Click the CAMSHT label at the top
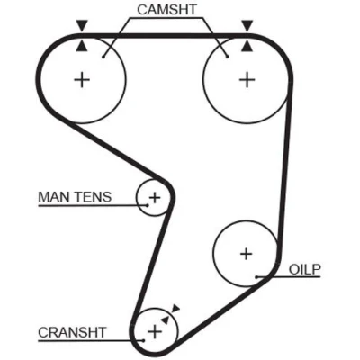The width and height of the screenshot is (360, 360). point(166,10)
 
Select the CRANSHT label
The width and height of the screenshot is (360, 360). point(72,332)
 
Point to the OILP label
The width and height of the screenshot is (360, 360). point(305,269)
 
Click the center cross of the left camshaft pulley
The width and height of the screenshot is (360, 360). point(82,80)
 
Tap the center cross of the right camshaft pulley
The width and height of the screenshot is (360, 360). point(247,80)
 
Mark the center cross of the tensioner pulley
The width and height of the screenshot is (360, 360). point(155,198)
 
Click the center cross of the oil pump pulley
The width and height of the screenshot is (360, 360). point(247,255)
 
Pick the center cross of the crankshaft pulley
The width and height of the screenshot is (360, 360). point(155,331)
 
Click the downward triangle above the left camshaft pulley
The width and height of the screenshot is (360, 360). point(82,25)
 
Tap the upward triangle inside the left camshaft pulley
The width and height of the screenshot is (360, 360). point(82,46)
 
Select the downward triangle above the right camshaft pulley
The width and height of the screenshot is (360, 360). point(247,25)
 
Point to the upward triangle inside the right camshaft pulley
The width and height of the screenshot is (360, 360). point(247,46)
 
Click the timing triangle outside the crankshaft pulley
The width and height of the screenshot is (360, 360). point(175,309)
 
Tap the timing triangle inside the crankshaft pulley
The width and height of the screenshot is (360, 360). point(165,319)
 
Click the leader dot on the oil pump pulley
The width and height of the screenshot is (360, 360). point(256,276)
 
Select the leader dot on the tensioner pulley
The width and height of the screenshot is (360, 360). point(148,205)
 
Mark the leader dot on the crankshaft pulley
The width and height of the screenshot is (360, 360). point(144,340)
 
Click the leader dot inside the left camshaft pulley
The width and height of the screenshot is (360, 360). point(103,57)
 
